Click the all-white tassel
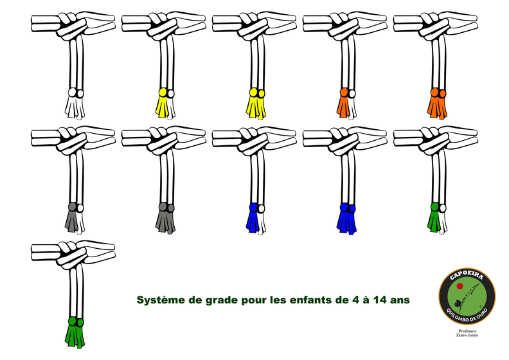[75, 104]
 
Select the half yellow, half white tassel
[165, 104]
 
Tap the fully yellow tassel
[256, 104]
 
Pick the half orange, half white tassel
[346, 104]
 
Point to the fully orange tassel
[437, 104]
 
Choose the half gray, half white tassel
[75, 217]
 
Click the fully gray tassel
[165, 217]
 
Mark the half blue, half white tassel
[256, 217]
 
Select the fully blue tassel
[346, 217]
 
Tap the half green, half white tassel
[437, 217]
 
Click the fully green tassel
[75, 332]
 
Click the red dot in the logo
[460, 286]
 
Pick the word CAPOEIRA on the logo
[467, 276]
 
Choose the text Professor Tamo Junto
[467, 333]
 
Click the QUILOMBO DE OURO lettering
[467, 316]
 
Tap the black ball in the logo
[457, 303]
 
